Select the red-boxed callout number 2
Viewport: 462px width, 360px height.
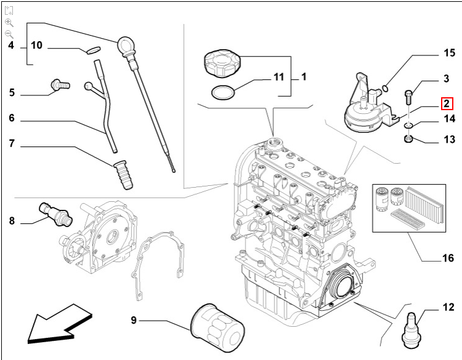447,104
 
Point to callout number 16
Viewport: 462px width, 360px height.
448,258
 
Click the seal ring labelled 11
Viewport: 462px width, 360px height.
223,93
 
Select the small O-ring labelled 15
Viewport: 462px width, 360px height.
385,87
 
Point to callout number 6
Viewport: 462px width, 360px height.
11,119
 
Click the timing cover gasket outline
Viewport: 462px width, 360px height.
159,258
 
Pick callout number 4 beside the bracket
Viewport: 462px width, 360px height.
11,46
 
